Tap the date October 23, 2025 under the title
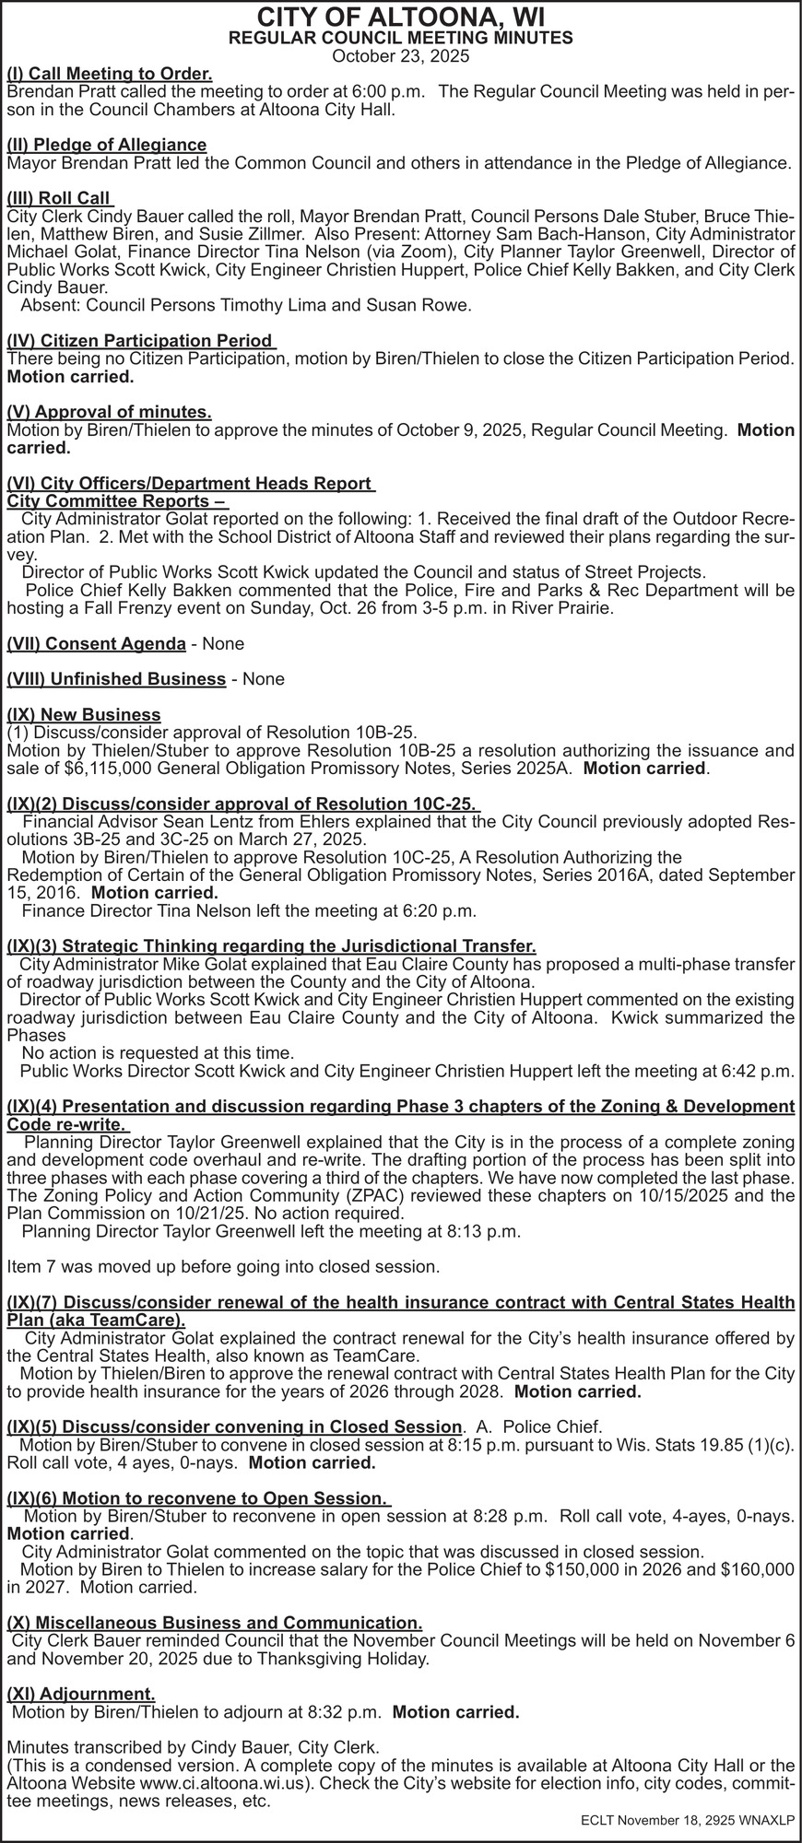tap(400, 56)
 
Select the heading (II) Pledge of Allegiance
tap(107, 145)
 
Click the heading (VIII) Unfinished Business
tap(116, 679)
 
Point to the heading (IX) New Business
tap(84, 714)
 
